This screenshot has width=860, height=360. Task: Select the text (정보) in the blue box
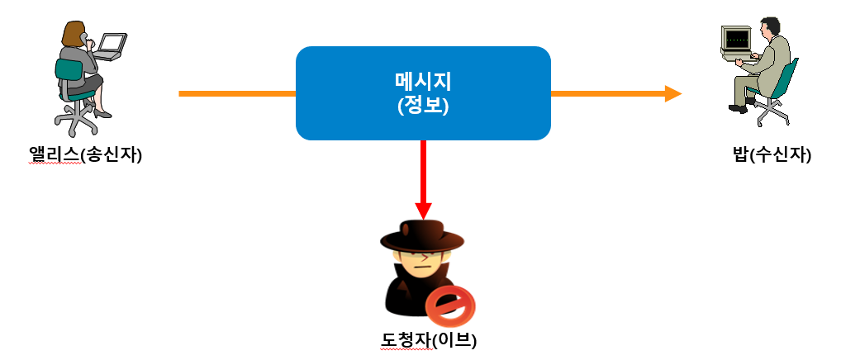(x=423, y=106)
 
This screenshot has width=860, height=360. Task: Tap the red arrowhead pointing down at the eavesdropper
(x=423, y=211)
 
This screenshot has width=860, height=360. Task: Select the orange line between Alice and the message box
(x=236, y=93)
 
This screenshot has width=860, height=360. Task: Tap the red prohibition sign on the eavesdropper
(x=451, y=307)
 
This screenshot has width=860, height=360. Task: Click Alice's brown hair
(x=74, y=33)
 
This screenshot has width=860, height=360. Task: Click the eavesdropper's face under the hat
(x=422, y=263)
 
